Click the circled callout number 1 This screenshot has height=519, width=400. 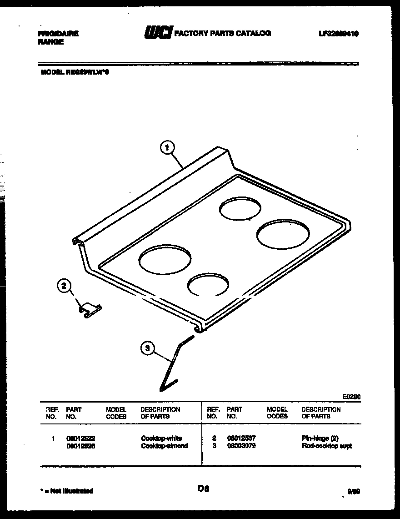(x=167, y=147)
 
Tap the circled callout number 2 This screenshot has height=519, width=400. (x=64, y=286)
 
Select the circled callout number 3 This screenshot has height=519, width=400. (x=146, y=348)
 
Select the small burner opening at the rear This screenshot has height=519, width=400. (x=240, y=208)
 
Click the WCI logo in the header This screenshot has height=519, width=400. (x=157, y=33)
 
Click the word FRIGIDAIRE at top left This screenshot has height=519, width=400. (x=57, y=34)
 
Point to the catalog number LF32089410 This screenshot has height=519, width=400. (x=339, y=33)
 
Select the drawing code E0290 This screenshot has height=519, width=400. (x=351, y=397)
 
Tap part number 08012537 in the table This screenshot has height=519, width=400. (x=241, y=438)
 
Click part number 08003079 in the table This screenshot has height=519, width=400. (x=241, y=446)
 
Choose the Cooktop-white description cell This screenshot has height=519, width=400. (x=161, y=438)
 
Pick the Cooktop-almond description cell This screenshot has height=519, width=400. (x=164, y=446)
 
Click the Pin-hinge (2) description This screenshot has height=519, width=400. (x=320, y=438)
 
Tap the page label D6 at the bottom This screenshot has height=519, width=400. (x=203, y=489)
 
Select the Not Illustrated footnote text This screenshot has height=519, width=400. (x=67, y=491)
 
